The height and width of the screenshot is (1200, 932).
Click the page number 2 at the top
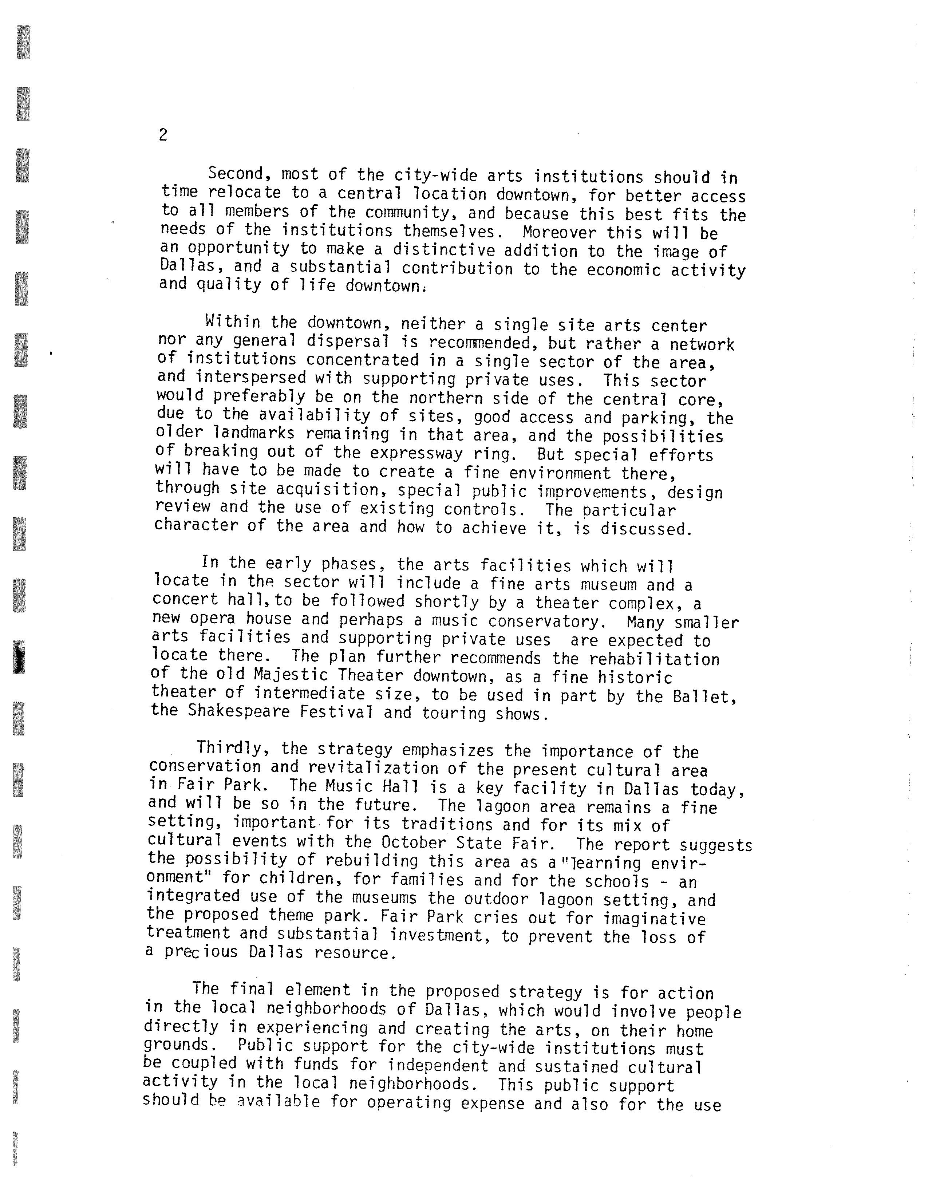pyautogui.click(x=163, y=135)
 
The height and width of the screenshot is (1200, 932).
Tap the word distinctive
pyautogui.click(x=443, y=250)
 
